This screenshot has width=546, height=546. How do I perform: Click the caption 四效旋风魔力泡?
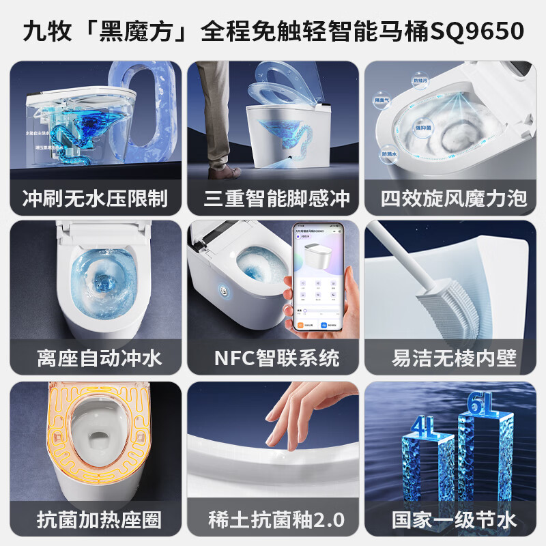tap(454, 198)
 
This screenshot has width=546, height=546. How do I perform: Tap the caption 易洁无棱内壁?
tap(454, 357)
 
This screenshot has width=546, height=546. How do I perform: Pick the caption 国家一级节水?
tap(454, 519)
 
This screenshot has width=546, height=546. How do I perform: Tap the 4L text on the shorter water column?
tap(419, 429)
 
